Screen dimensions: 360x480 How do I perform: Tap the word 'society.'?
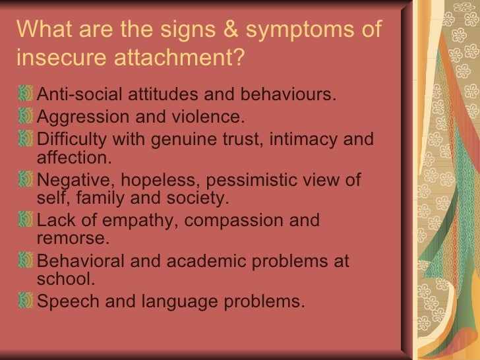point(199,198)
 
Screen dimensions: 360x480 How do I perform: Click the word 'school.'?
point(67,279)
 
